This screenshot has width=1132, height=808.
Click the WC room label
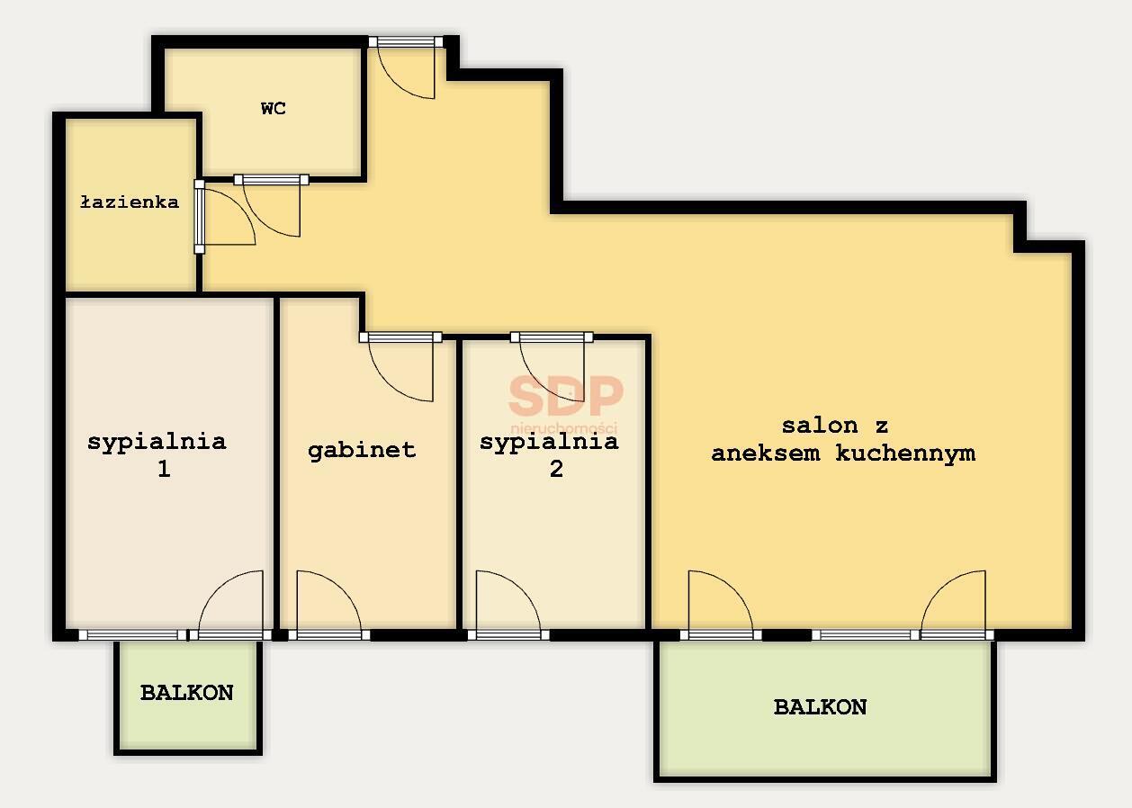[274, 109]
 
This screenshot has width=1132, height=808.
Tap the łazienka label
[129, 202]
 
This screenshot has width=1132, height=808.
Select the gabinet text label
[362, 450]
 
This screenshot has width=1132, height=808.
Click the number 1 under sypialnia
[164, 470]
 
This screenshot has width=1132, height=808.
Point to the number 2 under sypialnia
[556, 470]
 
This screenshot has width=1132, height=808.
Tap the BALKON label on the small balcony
[186, 693]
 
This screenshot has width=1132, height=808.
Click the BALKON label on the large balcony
[820, 707]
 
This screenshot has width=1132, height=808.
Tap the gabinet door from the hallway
[401, 370]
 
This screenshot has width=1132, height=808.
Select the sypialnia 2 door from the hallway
[552, 370]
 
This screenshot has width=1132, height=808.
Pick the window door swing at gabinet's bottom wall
[328, 603]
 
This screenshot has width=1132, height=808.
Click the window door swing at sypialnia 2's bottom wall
[507, 603]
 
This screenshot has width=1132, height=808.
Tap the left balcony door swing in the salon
[719, 603]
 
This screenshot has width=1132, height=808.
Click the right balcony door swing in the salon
[954, 603]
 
